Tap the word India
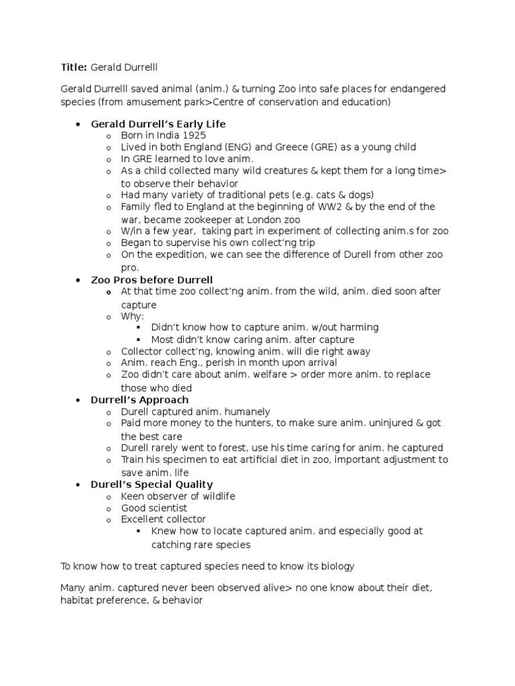[163, 135]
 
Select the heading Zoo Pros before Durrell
[152, 279]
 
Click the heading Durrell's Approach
[139, 400]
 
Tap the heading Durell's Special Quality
[152, 484]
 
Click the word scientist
[164, 508]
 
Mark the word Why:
[132, 316]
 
